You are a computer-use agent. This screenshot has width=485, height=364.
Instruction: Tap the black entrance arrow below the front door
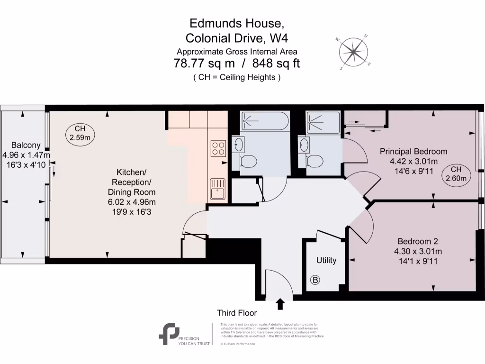(280, 304)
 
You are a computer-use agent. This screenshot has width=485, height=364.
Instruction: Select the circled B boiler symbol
(315, 280)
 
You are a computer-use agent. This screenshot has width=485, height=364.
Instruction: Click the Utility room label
(326, 260)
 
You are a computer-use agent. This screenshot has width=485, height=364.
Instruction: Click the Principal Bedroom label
(413, 152)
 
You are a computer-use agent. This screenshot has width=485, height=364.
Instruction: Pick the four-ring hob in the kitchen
(218, 148)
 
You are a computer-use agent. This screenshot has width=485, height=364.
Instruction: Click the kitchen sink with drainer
(218, 188)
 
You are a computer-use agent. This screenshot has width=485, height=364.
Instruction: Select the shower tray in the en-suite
(323, 122)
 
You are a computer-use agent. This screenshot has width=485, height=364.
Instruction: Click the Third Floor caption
(237, 313)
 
